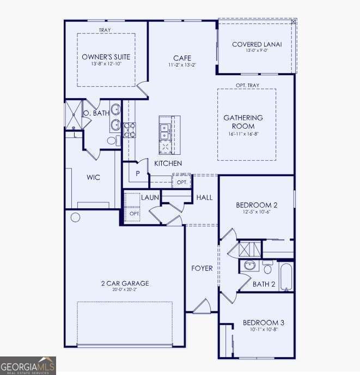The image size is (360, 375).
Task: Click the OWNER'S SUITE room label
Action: click(x=106, y=57)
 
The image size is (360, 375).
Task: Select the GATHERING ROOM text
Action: click(x=243, y=122)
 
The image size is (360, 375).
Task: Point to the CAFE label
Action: click(x=181, y=58)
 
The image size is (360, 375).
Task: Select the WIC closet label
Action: click(x=93, y=178)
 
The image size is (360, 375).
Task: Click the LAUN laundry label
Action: click(x=150, y=197)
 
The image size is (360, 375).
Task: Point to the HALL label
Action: click(x=205, y=197)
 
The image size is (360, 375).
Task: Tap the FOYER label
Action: click(x=202, y=268)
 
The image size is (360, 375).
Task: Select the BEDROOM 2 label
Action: click(x=257, y=205)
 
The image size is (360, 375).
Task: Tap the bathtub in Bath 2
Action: click(x=286, y=277)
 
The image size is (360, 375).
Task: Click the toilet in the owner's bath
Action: click(x=113, y=141)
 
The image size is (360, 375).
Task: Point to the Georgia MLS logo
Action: click(x=28, y=365)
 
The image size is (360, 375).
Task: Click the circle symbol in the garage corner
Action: click(x=75, y=217)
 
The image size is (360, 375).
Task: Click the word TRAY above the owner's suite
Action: click(x=106, y=31)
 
